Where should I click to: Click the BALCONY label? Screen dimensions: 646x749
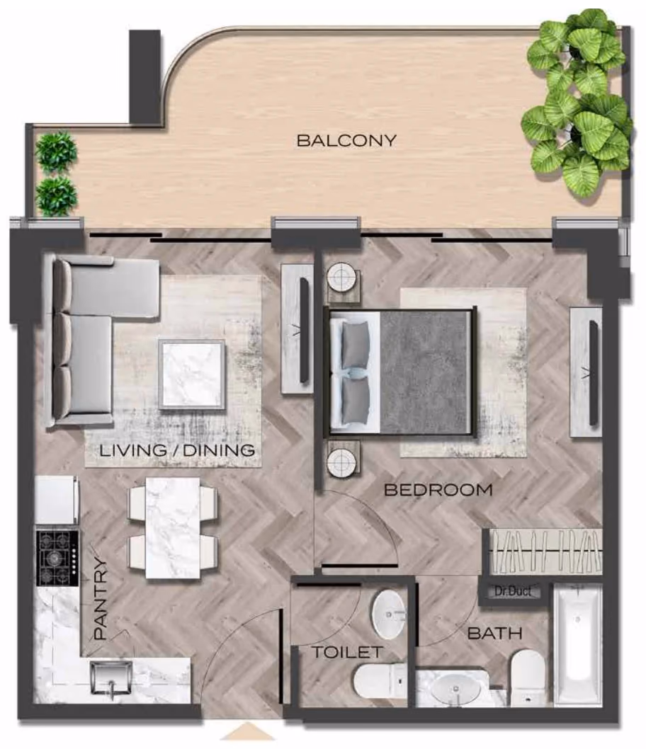pyautogui.click(x=346, y=140)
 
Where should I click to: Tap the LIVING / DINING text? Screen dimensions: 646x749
pyautogui.click(x=177, y=450)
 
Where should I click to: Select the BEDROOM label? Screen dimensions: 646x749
pyautogui.click(x=438, y=490)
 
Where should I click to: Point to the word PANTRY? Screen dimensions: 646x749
pyautogui.click(x=101, y=599)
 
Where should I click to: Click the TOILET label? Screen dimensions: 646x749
pyautogui.click(x=347, y=651)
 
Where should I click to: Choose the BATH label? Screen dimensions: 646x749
pyautogui.click(x=494, y=634)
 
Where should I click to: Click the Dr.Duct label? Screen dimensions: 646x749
pyautogui.click(x=513, y=591)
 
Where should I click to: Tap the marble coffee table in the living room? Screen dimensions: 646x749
pyautogui.click(x=192, y=374)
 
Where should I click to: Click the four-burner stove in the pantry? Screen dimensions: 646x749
pyautogui.click(x=58, y=557)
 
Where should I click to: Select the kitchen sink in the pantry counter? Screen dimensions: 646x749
pyautogui.click(x=110, y=677)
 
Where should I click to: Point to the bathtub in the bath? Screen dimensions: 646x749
pyautogui.click(x=577, y=644)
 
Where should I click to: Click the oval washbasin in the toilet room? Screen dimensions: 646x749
pyautogui.click(x=388, y=615)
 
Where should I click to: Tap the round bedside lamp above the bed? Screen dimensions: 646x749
pyautogui.click(x=342, y=277)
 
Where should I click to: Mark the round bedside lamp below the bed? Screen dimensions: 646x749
pyautogui.click(x=342, y=462)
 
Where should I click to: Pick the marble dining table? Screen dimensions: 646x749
pyautogui.click(x=173, y=528)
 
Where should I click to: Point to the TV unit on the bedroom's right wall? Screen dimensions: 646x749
pyautogui.click(x=586, y=372)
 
